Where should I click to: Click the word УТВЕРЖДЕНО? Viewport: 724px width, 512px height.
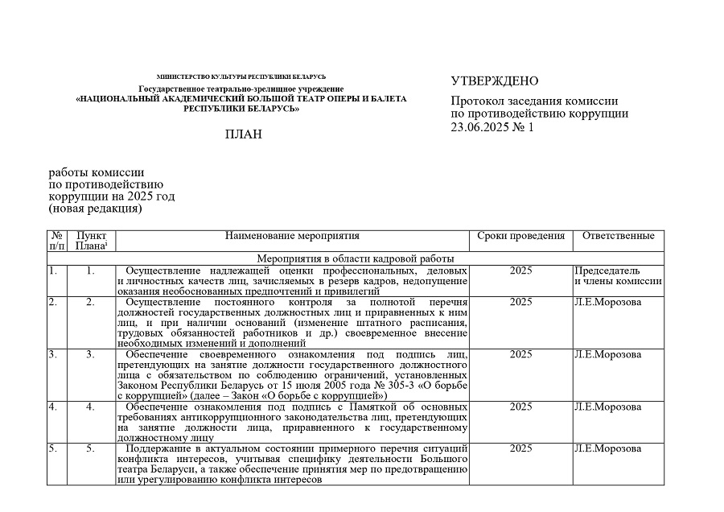494,81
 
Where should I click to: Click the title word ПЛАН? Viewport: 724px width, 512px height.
243,134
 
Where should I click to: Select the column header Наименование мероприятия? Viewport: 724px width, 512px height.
292,236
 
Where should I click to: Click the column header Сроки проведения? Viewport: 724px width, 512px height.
520,236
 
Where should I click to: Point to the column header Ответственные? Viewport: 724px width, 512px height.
618,236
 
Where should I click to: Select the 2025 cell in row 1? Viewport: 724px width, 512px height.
520,270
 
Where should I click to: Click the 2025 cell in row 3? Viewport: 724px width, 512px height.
520,354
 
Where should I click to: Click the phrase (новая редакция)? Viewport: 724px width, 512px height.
95,209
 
